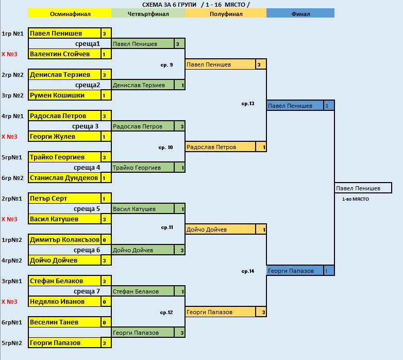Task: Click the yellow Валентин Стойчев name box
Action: click(x=64, y=54)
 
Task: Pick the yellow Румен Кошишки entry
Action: click(x=64, y=95)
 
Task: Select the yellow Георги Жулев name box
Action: click(x=64, y=137)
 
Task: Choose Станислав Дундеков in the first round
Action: click(x=64, y=178)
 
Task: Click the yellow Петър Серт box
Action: click(x=64, y=199)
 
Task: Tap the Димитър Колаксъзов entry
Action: click(x=64, y=240)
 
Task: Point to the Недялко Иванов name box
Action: click(x=64, y=302)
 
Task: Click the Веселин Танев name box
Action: click(x=64, y=322)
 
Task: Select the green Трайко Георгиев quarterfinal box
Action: click(x=143, y=168)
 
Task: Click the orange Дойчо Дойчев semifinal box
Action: click(x=221, y=230)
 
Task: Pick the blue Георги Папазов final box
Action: click(x=295, y=271)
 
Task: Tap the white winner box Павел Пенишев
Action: click(x=363, y=188)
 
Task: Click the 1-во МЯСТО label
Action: click(x=356, y=199)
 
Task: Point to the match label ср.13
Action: click(x=248, y=104)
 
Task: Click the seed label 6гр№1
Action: click(x=12, y=322)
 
